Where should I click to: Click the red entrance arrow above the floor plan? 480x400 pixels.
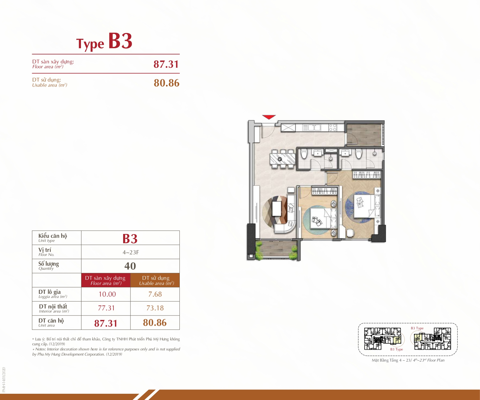coord(269,117)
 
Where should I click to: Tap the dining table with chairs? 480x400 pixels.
coord(282,159)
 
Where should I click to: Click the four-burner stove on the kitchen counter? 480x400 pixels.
coord(333,128)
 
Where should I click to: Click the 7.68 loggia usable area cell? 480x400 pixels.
coord(155,294)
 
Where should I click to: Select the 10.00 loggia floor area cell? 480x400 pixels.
coord(107,294)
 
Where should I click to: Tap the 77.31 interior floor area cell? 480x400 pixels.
coord(106,308)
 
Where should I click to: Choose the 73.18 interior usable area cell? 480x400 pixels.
coord(155,308)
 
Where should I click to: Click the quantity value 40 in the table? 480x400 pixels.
coord(130,266)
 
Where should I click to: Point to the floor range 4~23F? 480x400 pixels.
coord(131,252)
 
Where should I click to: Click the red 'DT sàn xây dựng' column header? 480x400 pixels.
coord(106,280)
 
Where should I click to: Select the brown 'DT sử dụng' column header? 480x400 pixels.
coord(155,280)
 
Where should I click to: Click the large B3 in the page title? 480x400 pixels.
coord(120,41)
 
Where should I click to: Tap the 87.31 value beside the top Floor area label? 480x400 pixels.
coord(166,64)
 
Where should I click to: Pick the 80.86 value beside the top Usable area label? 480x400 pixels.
coord(166,83)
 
